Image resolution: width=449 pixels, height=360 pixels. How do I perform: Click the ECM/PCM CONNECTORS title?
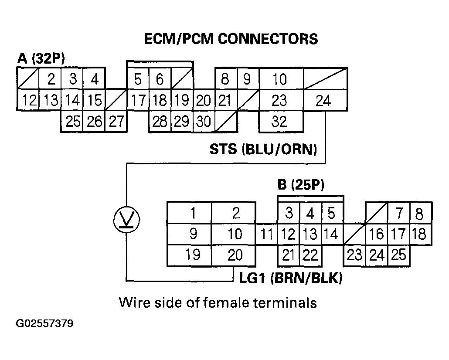(x=231, y=39)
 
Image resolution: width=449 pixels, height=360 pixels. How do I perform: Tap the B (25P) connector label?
(x=301, y=185)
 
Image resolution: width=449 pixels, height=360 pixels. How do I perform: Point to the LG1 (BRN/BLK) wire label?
(x=291, y=278)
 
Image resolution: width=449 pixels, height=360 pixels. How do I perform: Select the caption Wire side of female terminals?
(x=218, y=302)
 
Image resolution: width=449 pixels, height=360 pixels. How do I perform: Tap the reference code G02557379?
(x=44, y=324)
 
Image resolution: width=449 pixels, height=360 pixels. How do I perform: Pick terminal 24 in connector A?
(x=323, y=101)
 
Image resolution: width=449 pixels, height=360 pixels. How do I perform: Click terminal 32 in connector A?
(x=279, y=121)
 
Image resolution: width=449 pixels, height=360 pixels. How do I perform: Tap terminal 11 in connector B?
(x=266, y=234)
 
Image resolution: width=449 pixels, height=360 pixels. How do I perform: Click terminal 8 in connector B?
(x=419, y=213)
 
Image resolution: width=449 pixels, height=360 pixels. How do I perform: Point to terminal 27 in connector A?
(x=116, y=122)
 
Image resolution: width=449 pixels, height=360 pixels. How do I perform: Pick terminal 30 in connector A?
(x=203, y=122)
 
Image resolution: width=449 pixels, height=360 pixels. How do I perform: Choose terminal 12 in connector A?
(x=29, y=101)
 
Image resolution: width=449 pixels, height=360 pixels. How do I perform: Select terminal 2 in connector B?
(x=235, y=213)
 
